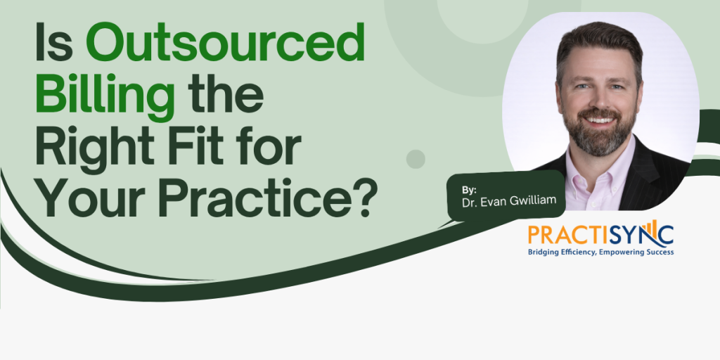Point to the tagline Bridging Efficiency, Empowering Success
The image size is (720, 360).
click(600, 252)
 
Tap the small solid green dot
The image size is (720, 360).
click(416, 159)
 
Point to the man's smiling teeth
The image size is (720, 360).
click(600, 121)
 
